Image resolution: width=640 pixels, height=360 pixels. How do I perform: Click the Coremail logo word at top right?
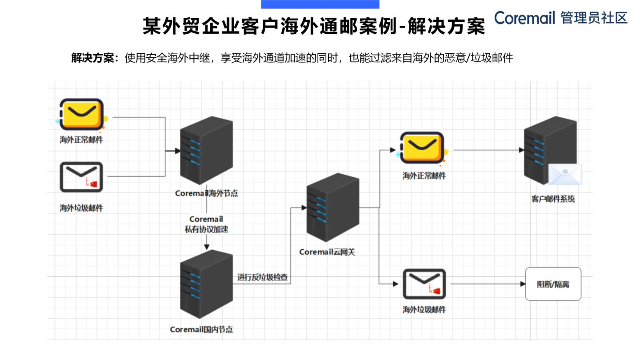coord(524,18)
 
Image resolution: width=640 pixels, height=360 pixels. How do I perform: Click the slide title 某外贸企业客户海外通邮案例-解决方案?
coord(313,27)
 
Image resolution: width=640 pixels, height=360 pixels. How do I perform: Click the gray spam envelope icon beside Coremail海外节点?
coord(81,177)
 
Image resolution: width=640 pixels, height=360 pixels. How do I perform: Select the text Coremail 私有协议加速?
coord(206,224)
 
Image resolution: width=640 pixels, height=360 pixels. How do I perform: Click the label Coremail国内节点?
coord(201,330)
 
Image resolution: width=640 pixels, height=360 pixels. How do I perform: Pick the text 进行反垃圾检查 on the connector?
coord(262,278)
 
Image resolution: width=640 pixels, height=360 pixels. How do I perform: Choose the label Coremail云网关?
coord(327,252)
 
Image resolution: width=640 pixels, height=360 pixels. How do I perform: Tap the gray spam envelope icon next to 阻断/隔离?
coord(424,284)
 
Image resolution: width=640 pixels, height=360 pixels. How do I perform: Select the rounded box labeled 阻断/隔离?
coord(553,284)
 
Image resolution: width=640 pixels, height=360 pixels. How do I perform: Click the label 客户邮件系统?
coord(553,199)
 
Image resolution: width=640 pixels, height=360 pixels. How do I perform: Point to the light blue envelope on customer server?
coord(564,174)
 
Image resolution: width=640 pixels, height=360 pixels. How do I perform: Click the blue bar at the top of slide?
coord(320,4)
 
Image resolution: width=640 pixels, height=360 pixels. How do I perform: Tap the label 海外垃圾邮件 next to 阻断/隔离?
coord(424,310)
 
